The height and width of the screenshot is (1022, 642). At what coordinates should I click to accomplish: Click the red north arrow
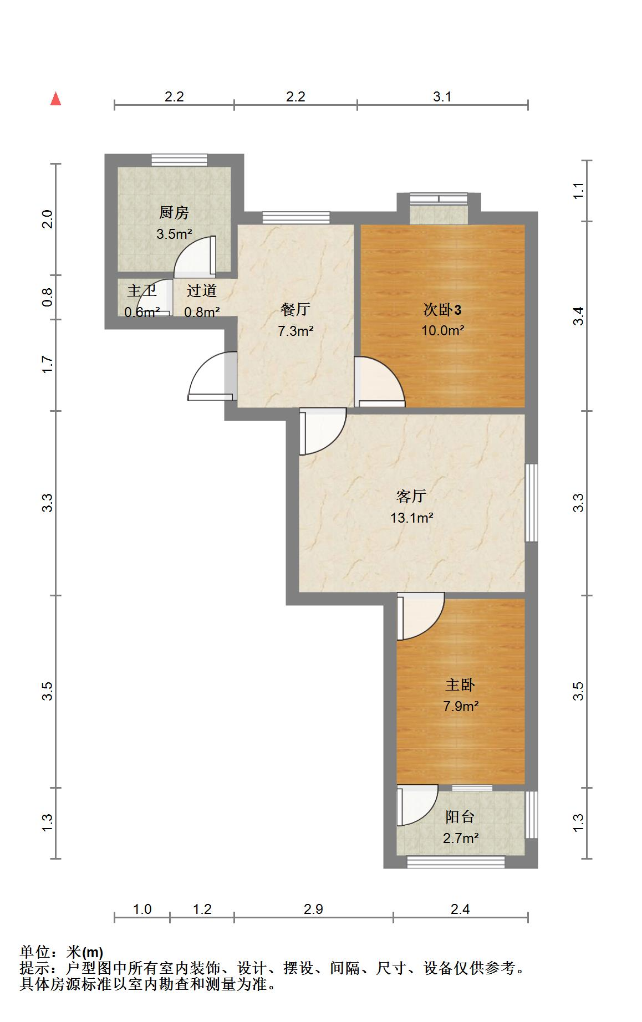[x=55, y=99]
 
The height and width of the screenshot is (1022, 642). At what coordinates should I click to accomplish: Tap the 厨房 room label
[x=174, y=212]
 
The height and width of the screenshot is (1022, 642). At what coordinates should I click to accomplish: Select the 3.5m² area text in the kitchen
[x=174, y=233]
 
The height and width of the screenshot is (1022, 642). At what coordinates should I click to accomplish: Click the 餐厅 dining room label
[x=295, y=310]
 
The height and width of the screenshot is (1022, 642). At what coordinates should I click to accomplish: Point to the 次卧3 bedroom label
[x=442, y=310]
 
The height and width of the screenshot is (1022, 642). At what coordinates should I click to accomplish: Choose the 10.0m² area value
[x=442, y=331]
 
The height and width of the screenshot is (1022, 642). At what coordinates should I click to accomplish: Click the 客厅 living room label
[x=411, y=496]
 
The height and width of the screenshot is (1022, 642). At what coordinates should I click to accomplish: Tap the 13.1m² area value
[x=411, y=518]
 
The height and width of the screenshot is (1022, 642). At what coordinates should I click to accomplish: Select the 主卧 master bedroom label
[x=460, y=685]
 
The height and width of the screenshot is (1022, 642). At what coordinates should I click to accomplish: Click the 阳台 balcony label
[x=460, y=817]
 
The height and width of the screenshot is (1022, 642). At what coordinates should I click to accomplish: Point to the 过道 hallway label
[x=201, y=291]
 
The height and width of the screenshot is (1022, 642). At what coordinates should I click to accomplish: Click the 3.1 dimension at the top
[x=442, y=97]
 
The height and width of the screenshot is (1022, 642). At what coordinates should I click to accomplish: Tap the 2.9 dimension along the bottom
[x=313, y=909]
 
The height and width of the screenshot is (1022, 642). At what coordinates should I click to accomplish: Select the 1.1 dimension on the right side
[x=579, y=191]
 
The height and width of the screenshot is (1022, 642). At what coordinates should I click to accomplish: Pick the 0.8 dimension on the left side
[x=48, y=297]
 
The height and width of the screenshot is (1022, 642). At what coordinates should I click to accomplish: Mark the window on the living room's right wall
[x=531, y=502]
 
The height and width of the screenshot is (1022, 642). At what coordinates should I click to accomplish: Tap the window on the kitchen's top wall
[x=180, y=160]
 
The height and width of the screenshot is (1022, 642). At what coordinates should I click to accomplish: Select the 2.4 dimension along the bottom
[x=460, y=909]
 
